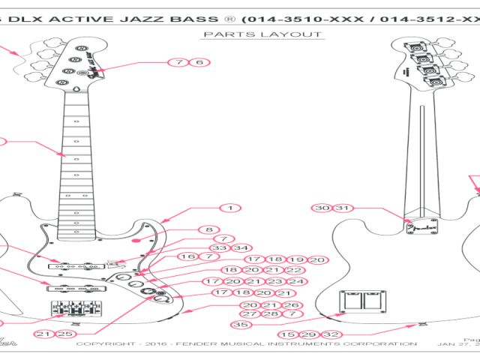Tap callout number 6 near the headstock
(199, 63)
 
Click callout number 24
(298, 281)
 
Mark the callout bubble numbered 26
(292, 305)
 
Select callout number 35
(240, 325)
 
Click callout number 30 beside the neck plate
(323, 208)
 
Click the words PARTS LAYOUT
(262, 34)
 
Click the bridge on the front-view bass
(75, 309)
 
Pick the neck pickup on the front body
(73, 265)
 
